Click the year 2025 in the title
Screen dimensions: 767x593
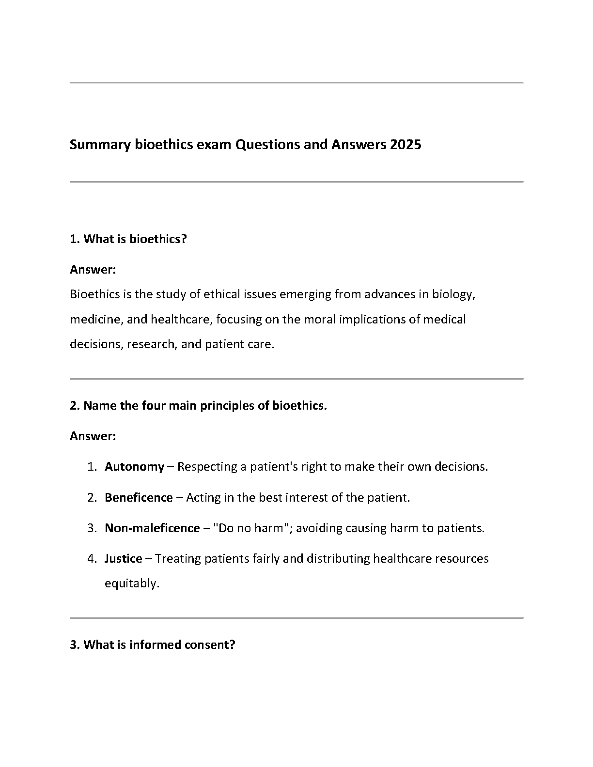point(405,145)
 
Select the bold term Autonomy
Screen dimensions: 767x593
point(134,467)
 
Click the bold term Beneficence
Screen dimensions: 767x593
point(139,498)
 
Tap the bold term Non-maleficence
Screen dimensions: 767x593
point(152,528)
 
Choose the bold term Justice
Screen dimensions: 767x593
point(124,559)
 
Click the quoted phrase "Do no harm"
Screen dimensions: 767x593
point(251,528)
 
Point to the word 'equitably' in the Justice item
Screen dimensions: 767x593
point(131,584)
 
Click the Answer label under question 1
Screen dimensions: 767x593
point(93,270)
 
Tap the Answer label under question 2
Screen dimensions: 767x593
point(93,436)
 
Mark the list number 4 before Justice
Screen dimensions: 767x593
point(92,559)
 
